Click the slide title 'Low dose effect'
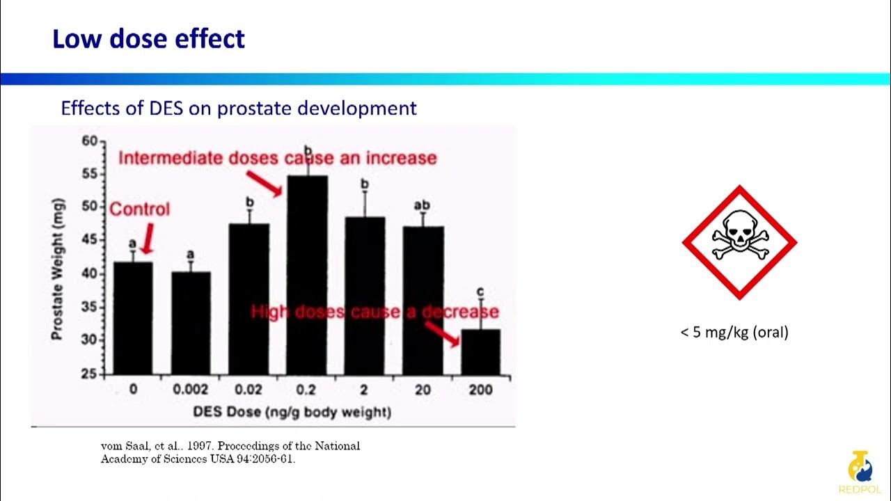tap(148, 39)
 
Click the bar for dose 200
tap(480, 351)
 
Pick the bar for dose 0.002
tap(191, 323)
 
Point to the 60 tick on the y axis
tap(90, 141)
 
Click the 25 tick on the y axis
tap(90, 374)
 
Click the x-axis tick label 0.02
tap(249, 390)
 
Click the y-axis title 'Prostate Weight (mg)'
tap(58, 269)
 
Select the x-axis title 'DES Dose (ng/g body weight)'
tap(292, 412)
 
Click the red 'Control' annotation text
tap(140, 209)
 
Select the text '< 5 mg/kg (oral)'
tap(734, 333)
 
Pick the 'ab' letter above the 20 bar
tap(422, 205)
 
